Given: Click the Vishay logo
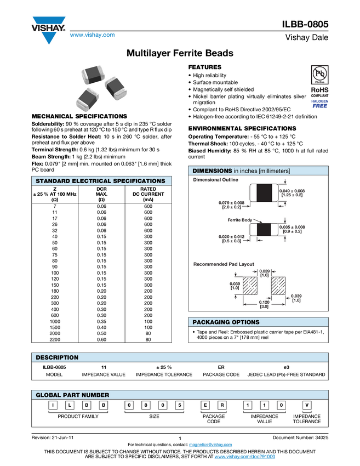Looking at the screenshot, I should (x=48, y=29).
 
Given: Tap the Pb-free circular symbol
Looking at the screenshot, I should (x=318, y=73).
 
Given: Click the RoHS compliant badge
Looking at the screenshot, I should (x=318, y=90).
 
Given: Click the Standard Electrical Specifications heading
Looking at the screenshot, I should (x=100, y=181).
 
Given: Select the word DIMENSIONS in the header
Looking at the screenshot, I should (x=213, y=171).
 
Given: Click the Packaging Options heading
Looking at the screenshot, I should (x=226, y=322).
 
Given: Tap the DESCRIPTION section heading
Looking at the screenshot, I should (x=57, y=357).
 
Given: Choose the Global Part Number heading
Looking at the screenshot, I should (x=72, y=395).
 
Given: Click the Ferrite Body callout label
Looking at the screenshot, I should (x=240, y=220).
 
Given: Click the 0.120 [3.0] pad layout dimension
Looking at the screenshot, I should (x=264, y=305).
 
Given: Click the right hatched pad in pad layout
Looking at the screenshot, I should (x=278, y=285).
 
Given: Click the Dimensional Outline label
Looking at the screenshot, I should (x=214, y=180).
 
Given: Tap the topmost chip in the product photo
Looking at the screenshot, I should (x=92, y=76).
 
